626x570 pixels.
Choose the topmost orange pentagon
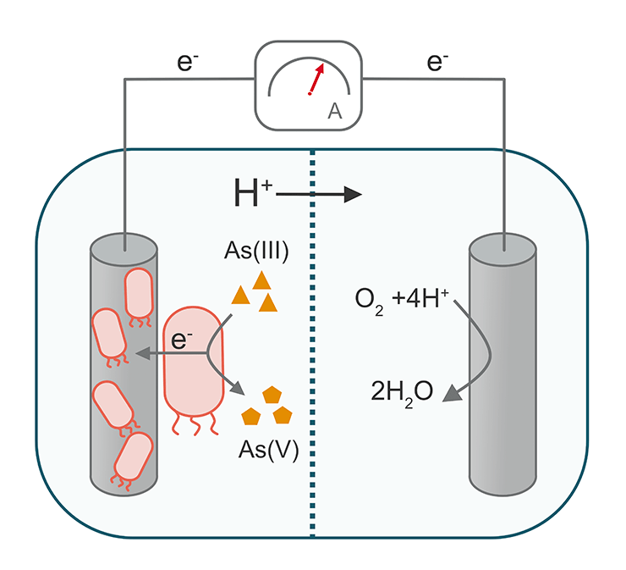click(272, 395)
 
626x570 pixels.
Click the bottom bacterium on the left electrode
click(131, 458)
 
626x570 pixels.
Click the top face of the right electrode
click(503, 245)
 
